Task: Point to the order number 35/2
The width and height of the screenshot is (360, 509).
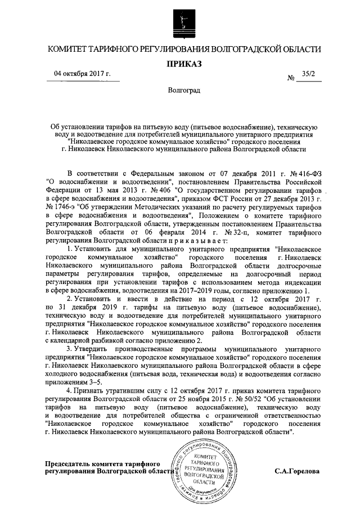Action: [309, 74]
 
